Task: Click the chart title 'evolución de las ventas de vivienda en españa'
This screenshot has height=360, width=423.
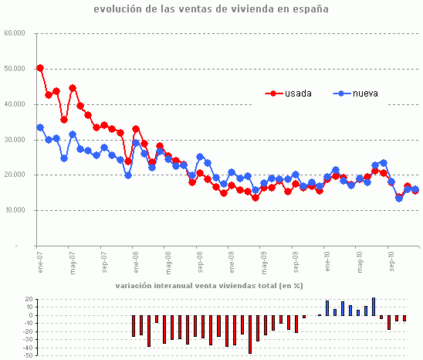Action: pos(211,10)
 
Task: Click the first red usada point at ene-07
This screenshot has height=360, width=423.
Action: pos(40,68)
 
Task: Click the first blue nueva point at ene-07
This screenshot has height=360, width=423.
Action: pos(40,127)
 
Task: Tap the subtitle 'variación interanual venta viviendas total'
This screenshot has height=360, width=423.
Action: pos(209,286)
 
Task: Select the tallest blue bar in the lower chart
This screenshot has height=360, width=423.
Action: pos(374,307)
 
